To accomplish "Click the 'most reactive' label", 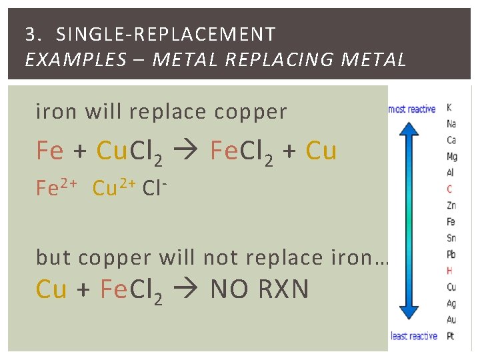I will pyautogui.click(x=411, y=109).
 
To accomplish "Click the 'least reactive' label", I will pyautogui.click(x=414, y=336).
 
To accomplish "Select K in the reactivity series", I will pyautogui.click(x=449, y=107).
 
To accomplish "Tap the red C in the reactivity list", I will pyautogui.click(x=449, y=189).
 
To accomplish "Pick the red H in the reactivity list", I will pyautogui.click(x=450, y=271).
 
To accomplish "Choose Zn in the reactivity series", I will pyautogui.click(x=451, y=205).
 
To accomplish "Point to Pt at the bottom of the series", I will pyautogui.click(x=450, y=336).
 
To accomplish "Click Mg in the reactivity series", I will pyautogui.click(x=452, y=157).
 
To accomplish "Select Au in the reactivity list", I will pyautogui.click(x=451, y=319).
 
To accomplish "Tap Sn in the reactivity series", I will pyautogui.click(x=451, y=238).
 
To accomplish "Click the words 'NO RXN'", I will pyautogui.click(x=259, y=289).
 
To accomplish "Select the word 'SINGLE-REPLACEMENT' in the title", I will pyautogui.click(x=166, y=34).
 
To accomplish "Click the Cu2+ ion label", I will pyautogui.click(x=114, y=189).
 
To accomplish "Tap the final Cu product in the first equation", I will pyautogui.click(x=321, y=151).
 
